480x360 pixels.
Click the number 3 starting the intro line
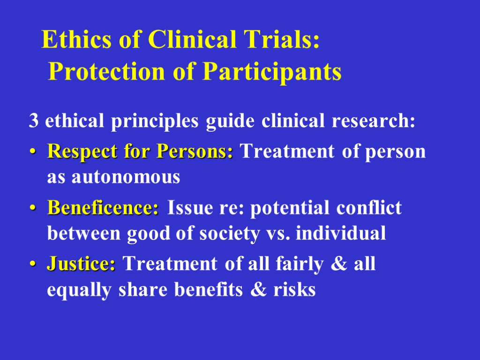point(33,121)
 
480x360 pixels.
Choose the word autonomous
point(113,177)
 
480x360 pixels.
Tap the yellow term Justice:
point(81,264)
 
